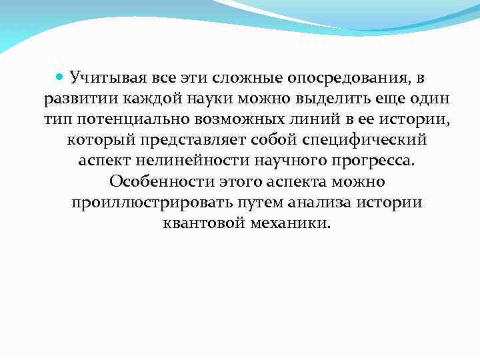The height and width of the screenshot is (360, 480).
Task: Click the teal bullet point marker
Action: click(x=59, y=79)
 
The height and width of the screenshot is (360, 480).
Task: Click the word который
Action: click(x=97, y=141)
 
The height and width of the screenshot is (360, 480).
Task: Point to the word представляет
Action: click(x=183, y=141)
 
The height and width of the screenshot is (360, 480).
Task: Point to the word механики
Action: click(x=289, y=223)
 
